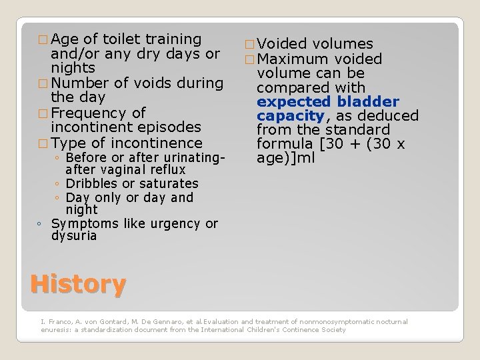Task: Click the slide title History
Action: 78,285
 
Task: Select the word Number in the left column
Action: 79,83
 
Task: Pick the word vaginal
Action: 126,170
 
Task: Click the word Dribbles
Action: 91,183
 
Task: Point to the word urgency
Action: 179,223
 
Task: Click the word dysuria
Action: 74,236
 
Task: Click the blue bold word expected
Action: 294,102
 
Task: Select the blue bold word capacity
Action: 289,116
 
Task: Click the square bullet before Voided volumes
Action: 249,45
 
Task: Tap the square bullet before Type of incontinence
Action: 44,143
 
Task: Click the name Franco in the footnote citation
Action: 57,321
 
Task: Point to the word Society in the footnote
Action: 333,329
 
